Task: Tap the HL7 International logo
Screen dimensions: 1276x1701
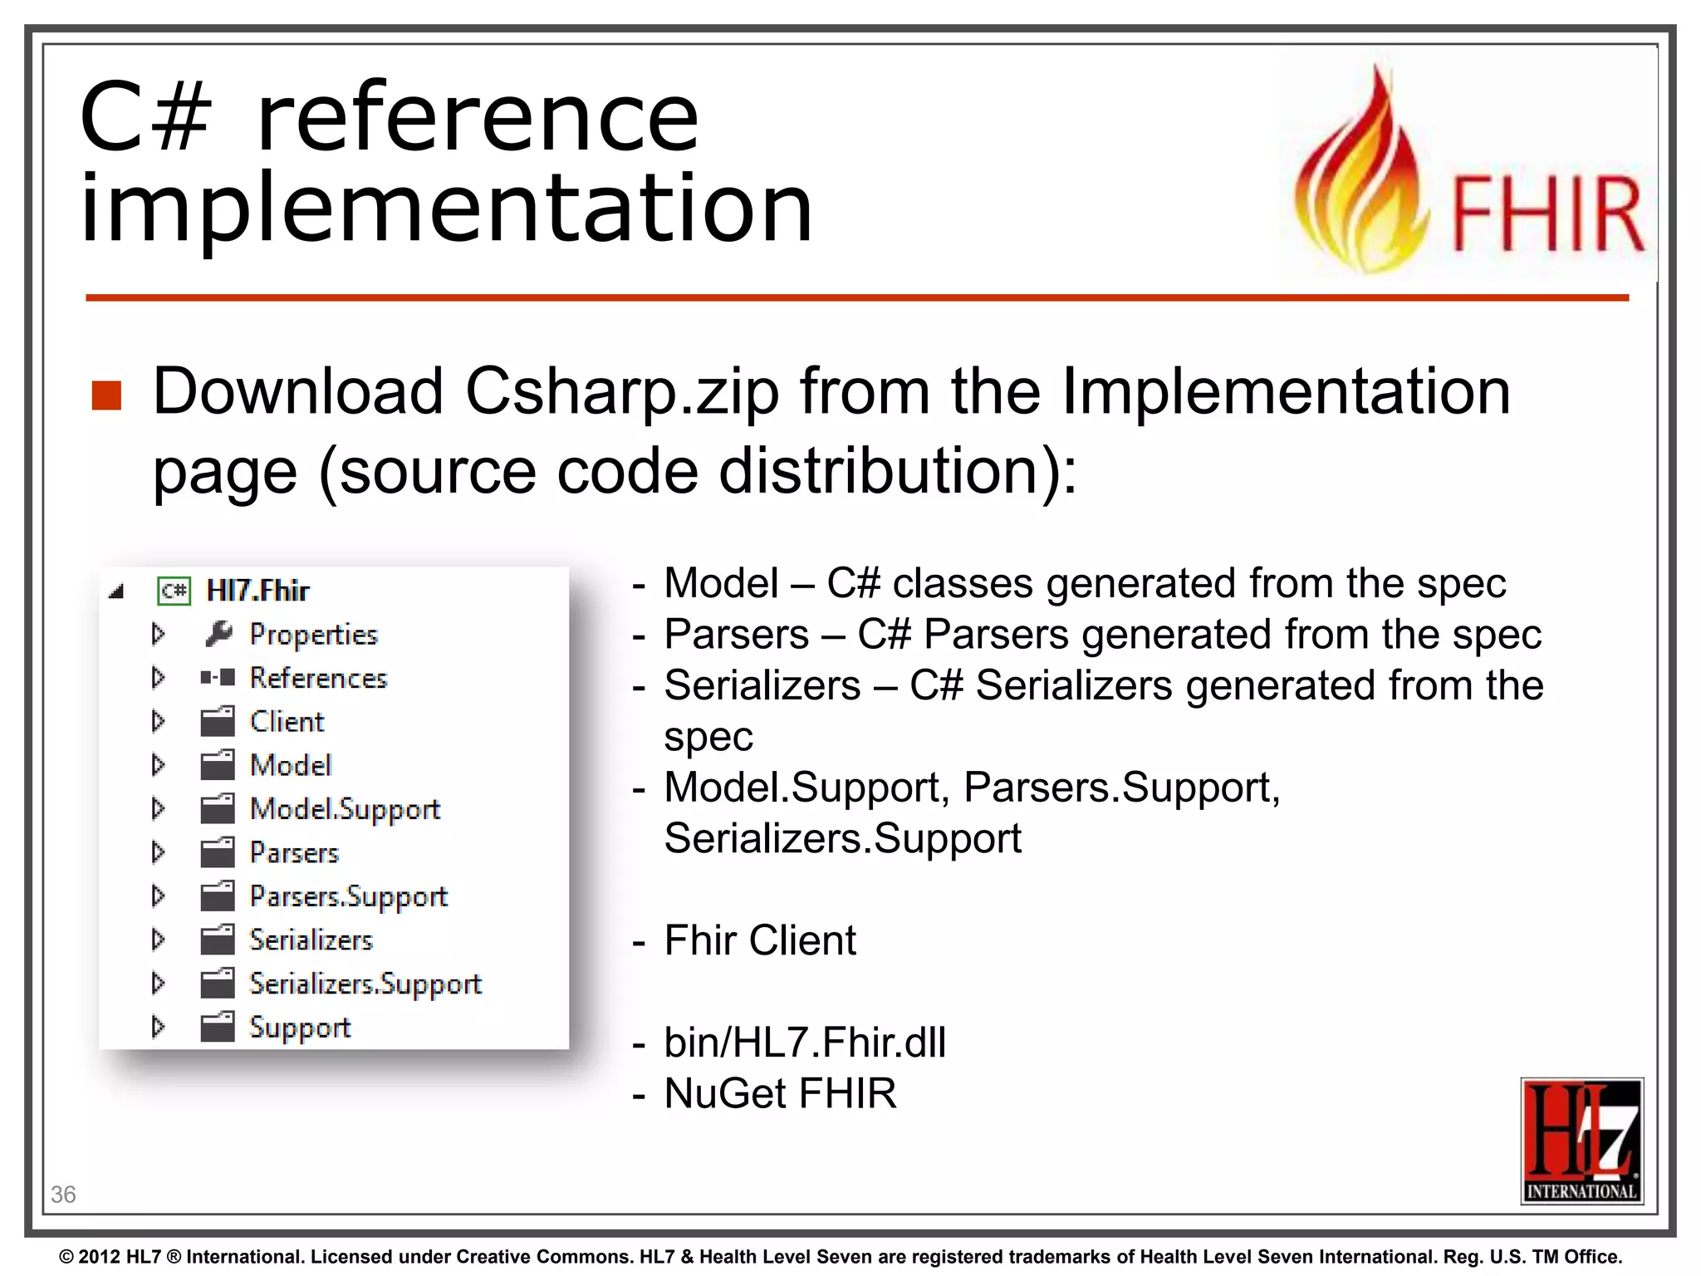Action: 1581,1141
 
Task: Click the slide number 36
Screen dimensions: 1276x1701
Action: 63,1195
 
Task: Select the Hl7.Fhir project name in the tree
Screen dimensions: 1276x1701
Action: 257,591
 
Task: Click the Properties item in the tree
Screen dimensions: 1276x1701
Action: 313,635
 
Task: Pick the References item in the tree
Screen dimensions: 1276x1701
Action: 318,679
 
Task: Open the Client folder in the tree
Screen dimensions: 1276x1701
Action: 287,722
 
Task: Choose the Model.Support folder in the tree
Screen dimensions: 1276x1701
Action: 345,809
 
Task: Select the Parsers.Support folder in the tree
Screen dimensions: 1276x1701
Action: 348,896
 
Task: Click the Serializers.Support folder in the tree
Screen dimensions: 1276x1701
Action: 365,984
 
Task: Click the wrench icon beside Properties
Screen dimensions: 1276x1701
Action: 218,635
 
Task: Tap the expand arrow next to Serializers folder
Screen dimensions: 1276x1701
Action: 158,940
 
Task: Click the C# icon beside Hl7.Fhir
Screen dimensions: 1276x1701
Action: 174,591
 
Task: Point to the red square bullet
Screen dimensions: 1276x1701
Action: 107,396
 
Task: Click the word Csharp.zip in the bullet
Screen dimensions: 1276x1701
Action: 622,392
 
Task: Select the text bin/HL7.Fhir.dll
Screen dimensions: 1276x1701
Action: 804,1043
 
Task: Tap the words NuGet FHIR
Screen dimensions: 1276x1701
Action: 780,1093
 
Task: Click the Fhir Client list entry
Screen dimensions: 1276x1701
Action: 759,940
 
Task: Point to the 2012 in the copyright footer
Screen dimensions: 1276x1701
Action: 100,1257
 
